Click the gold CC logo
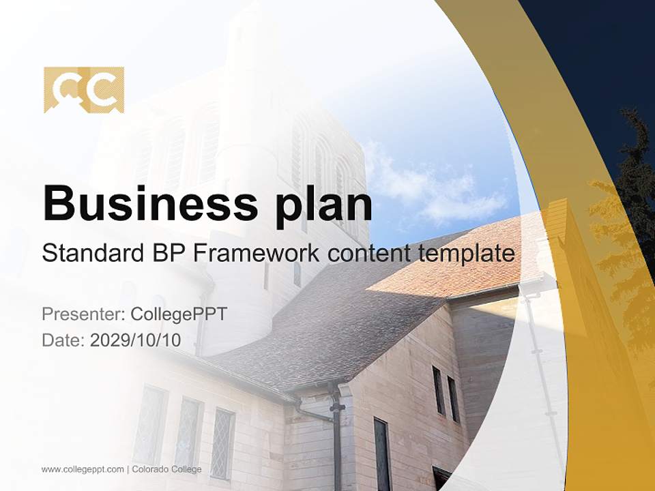84,89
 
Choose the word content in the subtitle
368,254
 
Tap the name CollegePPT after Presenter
179,314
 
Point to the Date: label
63,340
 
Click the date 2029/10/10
136,340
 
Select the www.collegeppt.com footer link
83,469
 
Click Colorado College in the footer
166,469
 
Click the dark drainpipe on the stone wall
336,436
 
